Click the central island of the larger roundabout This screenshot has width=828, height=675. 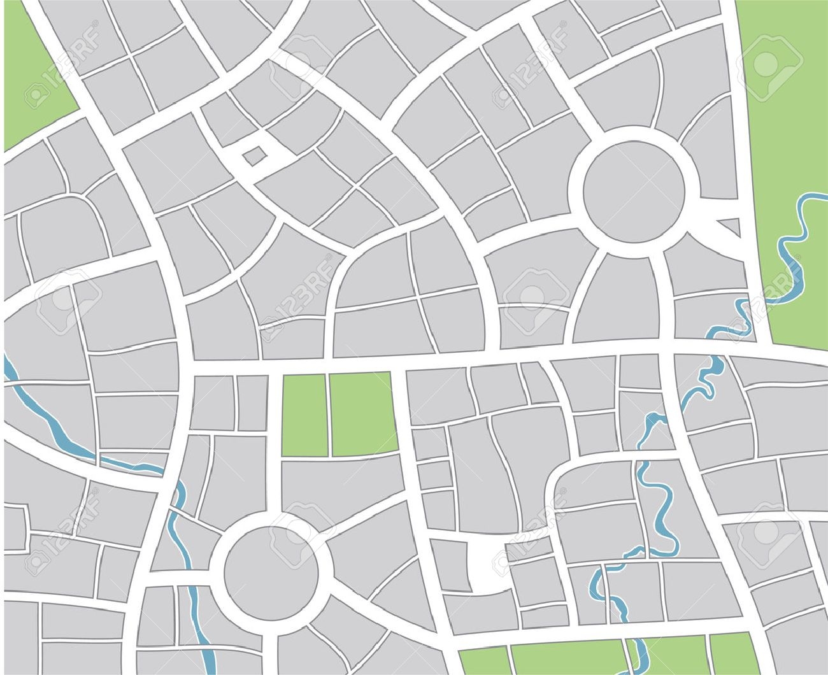click(x=634, y=190)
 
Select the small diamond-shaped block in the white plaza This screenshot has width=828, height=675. click(x=253, y=155)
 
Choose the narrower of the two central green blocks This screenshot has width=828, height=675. click(x=304, y=415)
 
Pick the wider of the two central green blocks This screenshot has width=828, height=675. click(x=362, y=414)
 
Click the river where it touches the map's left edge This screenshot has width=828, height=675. click(x=8, y=369)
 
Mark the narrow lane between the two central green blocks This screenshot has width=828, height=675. click(x=329, y=414)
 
